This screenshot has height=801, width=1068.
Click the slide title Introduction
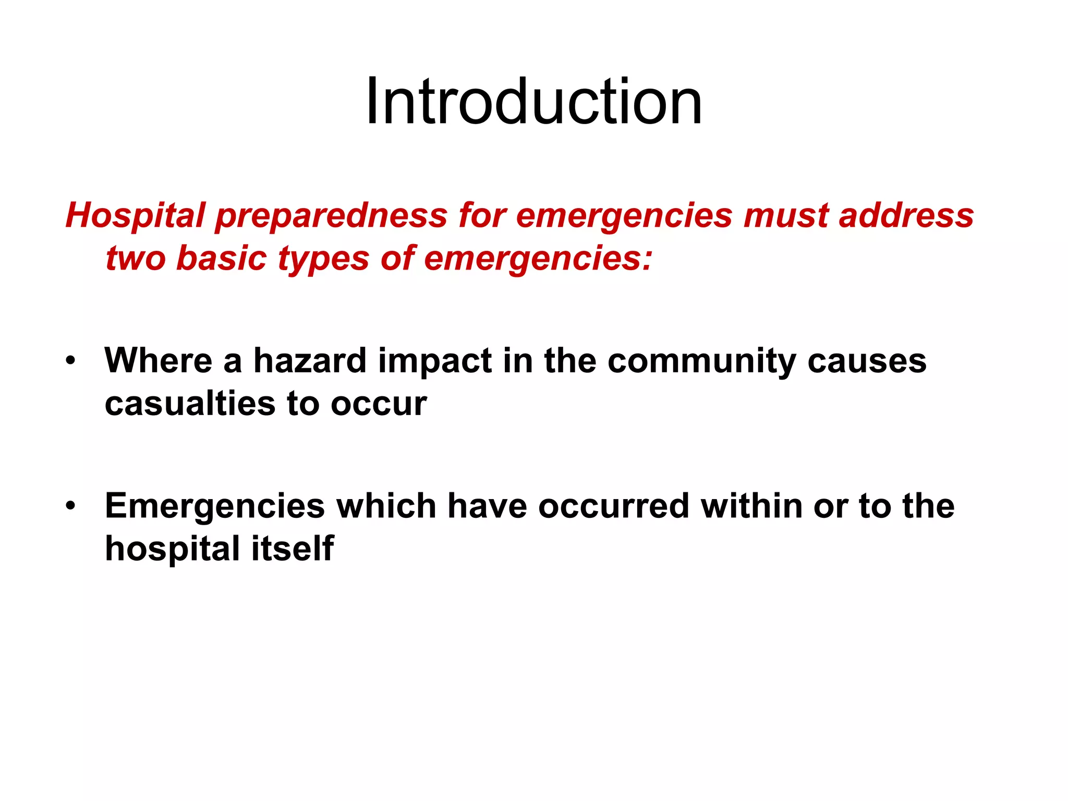[533, 101]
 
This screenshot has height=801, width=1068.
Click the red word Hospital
[135, 215]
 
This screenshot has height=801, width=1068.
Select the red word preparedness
[331, 215]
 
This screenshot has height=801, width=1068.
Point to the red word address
[906, 215]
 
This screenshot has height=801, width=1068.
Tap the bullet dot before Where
[71, 361]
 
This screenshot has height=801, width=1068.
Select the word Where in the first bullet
[158, 360]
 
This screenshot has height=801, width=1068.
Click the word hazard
[310, 360]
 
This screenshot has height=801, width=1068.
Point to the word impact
[435, 361]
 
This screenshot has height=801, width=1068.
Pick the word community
[701, 361]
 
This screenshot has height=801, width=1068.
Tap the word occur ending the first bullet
[379, 404]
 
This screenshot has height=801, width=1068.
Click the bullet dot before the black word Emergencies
[71, 506]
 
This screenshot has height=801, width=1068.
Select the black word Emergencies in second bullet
[215, 506]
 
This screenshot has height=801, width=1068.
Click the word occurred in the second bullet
[614, 506]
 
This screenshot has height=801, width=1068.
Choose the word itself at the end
[293, 548]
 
